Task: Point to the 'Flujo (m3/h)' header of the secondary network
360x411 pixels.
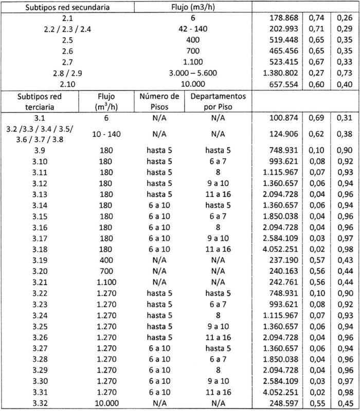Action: coord(195,8)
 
